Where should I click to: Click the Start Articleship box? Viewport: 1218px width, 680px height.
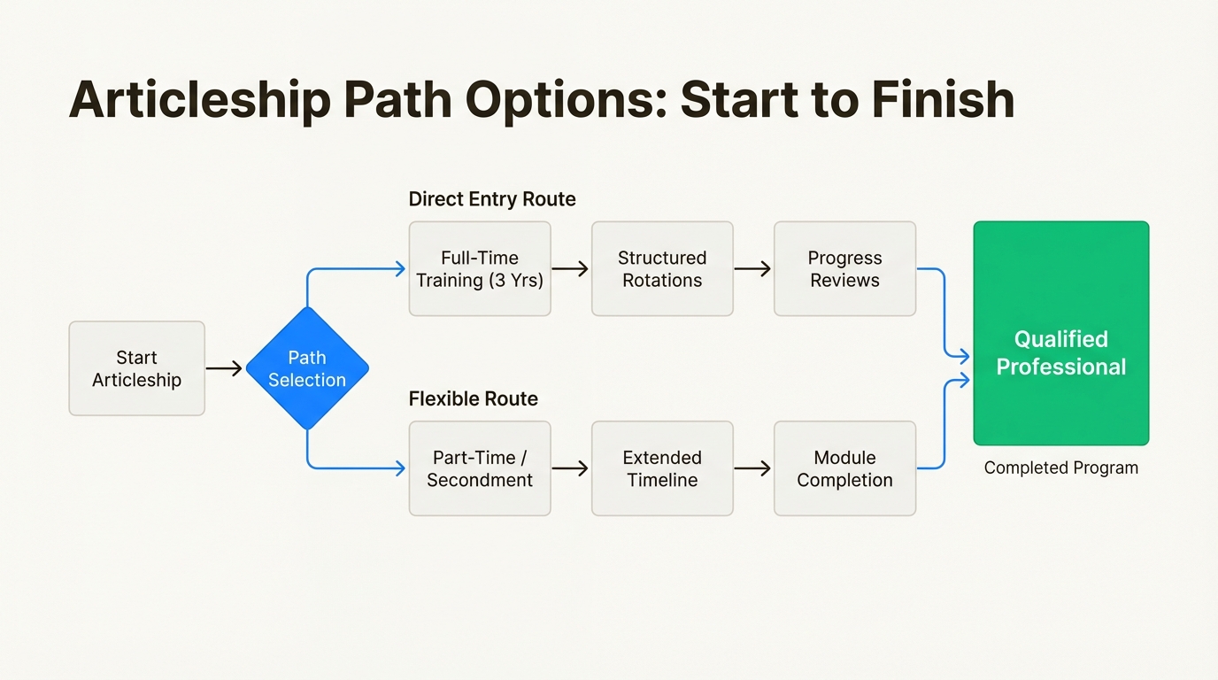(136, 368)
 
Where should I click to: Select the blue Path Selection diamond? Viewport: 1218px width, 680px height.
(307, 368)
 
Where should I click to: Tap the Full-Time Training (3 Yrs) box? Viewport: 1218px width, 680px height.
(480, 269)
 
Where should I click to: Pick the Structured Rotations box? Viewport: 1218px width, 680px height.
(662, 269)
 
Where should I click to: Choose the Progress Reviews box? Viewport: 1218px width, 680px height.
(844, 269)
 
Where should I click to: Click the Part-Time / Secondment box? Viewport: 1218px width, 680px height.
(480, 468)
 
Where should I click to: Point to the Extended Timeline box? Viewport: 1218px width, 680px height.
(662, 468)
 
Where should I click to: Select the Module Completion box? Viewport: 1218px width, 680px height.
(844, 468)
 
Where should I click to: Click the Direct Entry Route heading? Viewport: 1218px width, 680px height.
(492, 199)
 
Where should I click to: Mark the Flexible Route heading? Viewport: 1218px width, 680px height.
(474, 399)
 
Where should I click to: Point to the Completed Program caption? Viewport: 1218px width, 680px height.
(1060, 467)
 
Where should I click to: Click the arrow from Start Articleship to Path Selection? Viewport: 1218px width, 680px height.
(224, 368)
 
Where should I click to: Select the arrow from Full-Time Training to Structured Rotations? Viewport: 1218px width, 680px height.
(570, 269)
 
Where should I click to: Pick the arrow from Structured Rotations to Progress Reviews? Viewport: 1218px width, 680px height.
(752, 269)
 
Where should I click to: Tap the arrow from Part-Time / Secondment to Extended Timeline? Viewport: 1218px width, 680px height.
(570, 468)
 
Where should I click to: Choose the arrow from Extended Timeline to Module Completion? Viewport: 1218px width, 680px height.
(752, 468)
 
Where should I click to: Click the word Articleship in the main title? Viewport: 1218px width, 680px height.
(199, 100)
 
